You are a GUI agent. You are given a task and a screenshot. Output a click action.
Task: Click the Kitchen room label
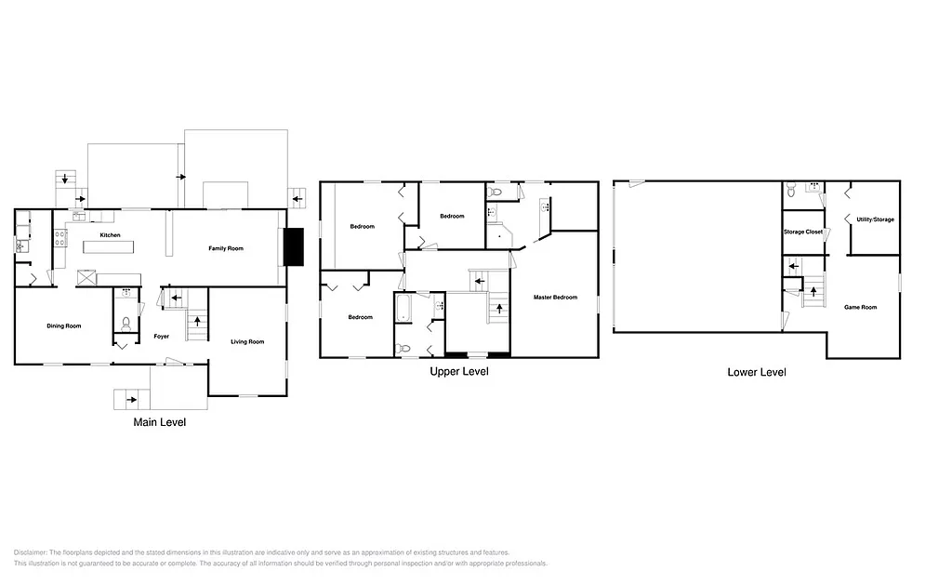pos(111,235)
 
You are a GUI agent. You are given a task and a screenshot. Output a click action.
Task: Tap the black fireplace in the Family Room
pos(295,247)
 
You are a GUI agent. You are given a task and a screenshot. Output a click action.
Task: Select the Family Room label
pos(226,248)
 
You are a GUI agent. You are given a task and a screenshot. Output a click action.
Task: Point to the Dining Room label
pos(64,325)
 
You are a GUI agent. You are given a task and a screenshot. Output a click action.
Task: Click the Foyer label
pos(160,335)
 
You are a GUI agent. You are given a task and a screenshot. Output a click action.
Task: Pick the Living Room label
pos(247,342)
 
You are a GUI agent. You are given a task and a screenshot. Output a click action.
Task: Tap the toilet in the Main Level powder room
pos(126,325)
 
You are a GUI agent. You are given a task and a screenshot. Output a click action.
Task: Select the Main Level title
pos(160,422)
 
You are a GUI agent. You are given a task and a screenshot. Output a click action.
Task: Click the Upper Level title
pos(458,371)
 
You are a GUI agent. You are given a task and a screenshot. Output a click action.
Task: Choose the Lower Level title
pos(756,372)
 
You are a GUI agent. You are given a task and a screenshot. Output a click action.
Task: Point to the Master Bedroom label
pos(555,298)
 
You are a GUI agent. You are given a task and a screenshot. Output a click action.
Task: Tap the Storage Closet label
pos(803,232)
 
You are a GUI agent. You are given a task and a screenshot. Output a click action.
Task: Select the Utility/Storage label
pos(875,219)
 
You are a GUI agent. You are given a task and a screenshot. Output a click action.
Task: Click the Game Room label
pos(860,307)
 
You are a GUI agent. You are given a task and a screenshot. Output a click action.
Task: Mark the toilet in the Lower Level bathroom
pos(790,189)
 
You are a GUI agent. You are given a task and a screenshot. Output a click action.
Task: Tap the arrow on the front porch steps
pos(133,400)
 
